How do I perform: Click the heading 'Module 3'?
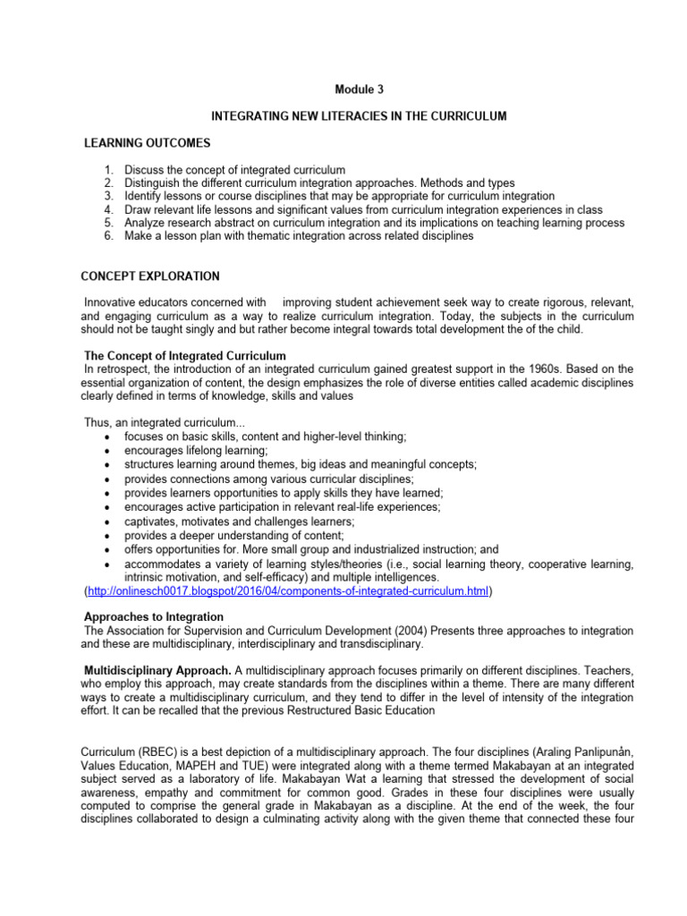coord(359,89)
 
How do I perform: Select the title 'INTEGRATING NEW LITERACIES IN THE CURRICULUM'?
coord(359,117)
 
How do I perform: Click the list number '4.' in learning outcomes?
coord(108,209)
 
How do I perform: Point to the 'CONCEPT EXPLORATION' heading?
coord(149,276)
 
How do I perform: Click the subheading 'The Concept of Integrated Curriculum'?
coord(184,356)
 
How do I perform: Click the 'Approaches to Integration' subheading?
coord(153,617)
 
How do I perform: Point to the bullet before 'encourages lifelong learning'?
coord(107,451)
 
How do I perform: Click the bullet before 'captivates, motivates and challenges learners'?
coord(107,522)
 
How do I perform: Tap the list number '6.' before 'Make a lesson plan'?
coord(108,236)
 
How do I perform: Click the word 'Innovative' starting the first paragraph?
coord(113,302)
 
